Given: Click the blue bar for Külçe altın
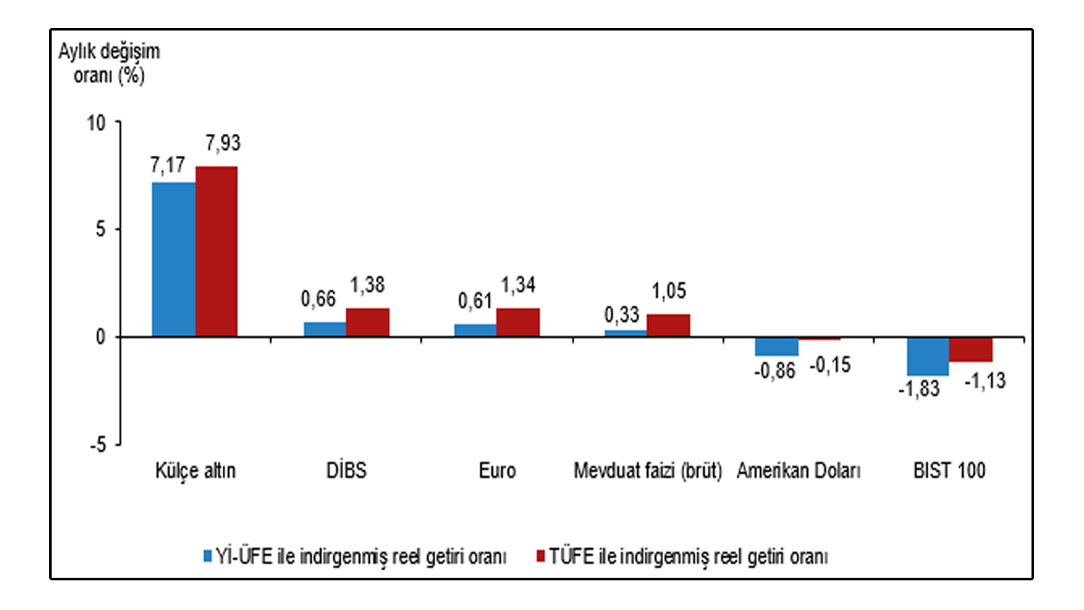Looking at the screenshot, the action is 174,259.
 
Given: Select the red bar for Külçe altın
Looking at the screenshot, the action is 216,252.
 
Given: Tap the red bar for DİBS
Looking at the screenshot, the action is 368,323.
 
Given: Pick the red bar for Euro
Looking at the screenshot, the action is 518,323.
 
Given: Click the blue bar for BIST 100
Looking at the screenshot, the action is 927,357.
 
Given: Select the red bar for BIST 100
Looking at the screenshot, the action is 971,350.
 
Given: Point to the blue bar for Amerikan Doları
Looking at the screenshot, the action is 777,347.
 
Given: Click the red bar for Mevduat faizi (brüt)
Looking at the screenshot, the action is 668,325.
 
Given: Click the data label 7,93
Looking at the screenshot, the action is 223,143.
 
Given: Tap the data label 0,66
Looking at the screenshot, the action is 318,299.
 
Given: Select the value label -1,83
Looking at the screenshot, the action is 919,389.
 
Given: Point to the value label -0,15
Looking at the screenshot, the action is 830,365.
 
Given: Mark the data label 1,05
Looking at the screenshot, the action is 669,291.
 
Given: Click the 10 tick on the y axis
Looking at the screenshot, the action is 96,124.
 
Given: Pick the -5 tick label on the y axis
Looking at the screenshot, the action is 97,445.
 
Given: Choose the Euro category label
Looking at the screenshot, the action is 497,470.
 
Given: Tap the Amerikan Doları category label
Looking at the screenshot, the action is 799,470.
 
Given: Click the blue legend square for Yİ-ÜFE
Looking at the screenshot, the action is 208,556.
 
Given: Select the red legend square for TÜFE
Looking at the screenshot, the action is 541,556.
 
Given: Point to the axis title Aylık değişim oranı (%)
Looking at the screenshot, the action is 109,64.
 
